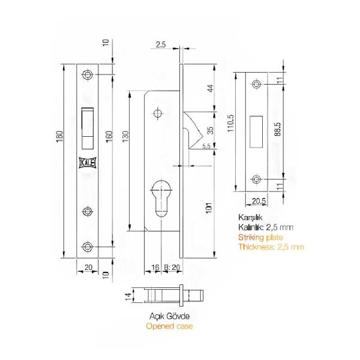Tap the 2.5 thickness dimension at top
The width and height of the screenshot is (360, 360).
tap(160, 44)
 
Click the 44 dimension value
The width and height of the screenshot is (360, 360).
tap(209, 88)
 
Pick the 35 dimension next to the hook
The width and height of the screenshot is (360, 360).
tap(209, 130)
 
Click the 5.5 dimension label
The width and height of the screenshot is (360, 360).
tap(205, 146)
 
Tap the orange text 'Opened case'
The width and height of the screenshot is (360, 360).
tap(169, 326)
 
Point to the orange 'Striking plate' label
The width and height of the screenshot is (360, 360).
tap(260, 238)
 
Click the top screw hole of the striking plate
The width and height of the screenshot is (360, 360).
tap(257, 85)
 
